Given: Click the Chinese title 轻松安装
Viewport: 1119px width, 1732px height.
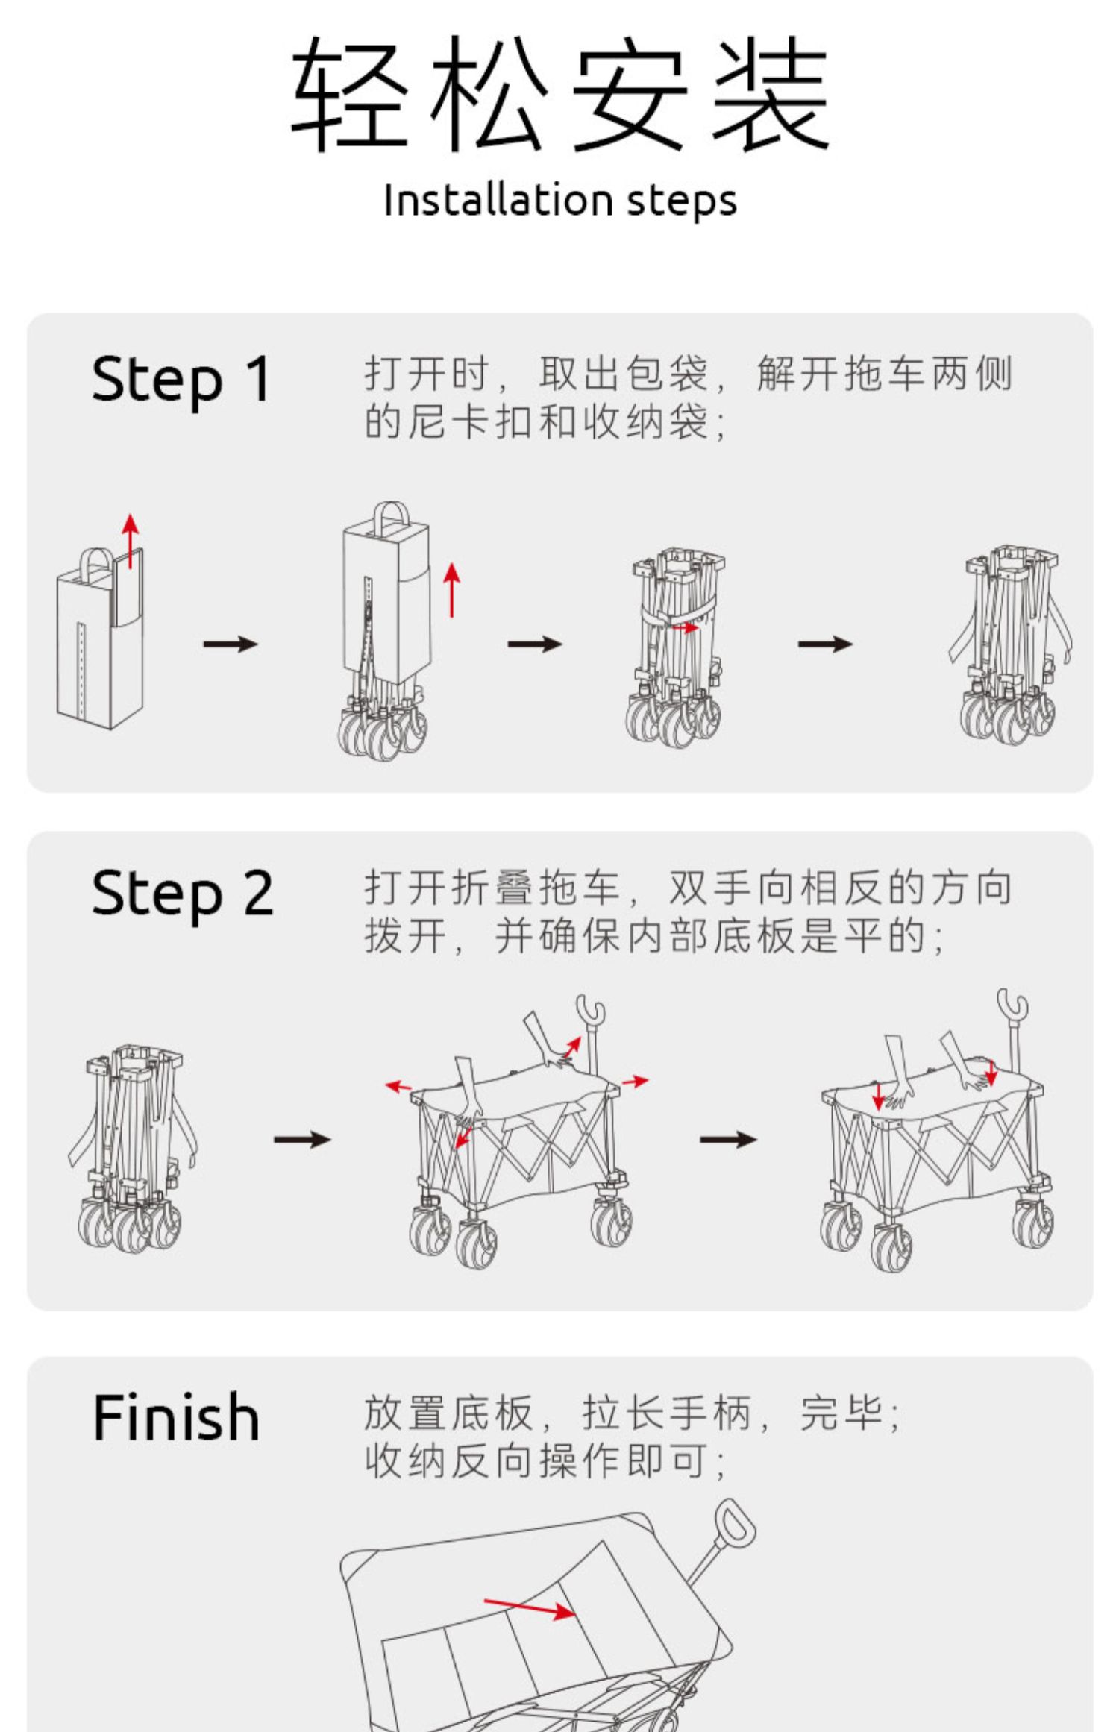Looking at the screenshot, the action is [x=559, y=93].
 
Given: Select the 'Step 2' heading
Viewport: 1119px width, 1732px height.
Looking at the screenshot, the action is [x=182, y=894].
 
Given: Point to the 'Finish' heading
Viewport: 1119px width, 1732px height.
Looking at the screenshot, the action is [x=176, y=1416].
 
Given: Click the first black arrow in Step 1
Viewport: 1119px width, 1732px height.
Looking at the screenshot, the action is [x=230, y=643].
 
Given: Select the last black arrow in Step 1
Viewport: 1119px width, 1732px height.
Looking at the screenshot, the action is [x=824, y=643].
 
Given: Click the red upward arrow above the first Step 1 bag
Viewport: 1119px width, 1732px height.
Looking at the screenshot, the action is [x=131, y=541].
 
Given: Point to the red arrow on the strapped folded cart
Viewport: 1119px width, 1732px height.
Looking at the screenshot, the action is [x=685, y=628].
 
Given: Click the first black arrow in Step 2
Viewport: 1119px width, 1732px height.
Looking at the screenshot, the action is [x=301, y=1139].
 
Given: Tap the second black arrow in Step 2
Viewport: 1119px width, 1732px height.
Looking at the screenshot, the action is [x=728, y=1139].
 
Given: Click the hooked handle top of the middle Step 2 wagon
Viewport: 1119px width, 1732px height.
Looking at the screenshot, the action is [x=591, y=1010].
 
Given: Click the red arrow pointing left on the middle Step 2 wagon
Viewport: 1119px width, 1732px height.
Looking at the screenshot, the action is [x=398, y=1086].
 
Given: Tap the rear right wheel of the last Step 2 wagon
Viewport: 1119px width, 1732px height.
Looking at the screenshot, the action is [x=1032, y=1225].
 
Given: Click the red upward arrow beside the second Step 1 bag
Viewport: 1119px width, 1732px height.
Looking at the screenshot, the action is [x=452, y=590].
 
